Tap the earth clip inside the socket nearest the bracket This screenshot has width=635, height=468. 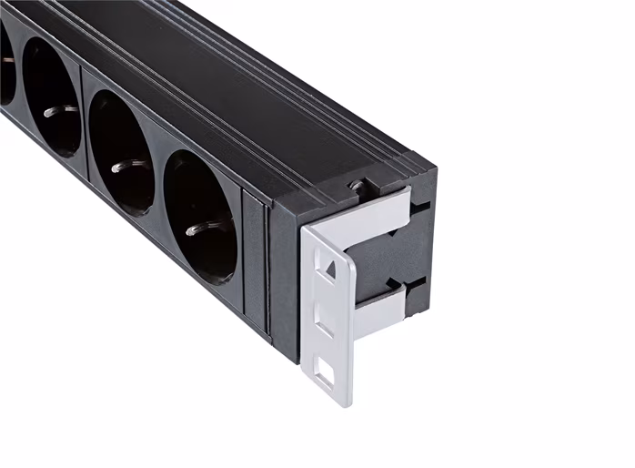point(193,229)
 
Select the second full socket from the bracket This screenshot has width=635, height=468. point(122,154)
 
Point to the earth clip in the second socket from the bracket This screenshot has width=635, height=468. point(117,168)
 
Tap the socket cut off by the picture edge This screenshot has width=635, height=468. point(5,64)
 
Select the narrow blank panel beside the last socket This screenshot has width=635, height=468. point(256,264)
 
